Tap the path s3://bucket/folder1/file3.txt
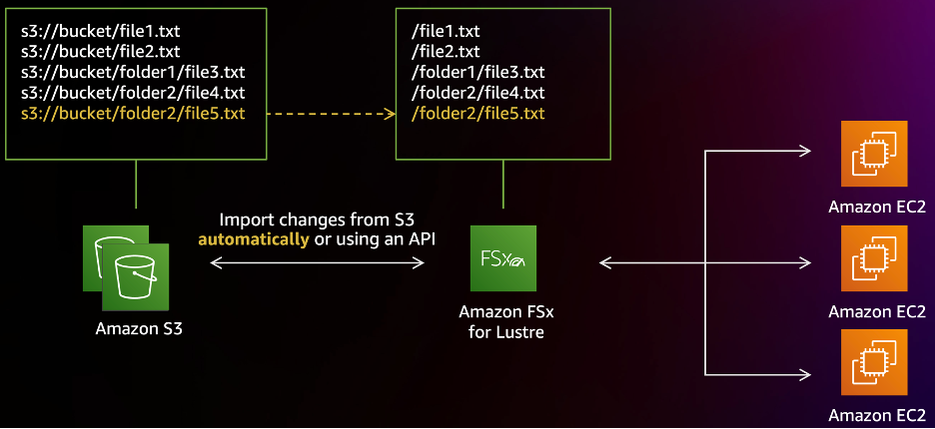pos(132,71)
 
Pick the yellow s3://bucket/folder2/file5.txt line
pos(132,113)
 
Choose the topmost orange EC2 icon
pos(874,154)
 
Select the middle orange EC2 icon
pos(874,257)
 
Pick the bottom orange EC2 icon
pos(874,361)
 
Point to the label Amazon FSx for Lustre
pos(505,321)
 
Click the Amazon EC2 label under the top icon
pos(875,208)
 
